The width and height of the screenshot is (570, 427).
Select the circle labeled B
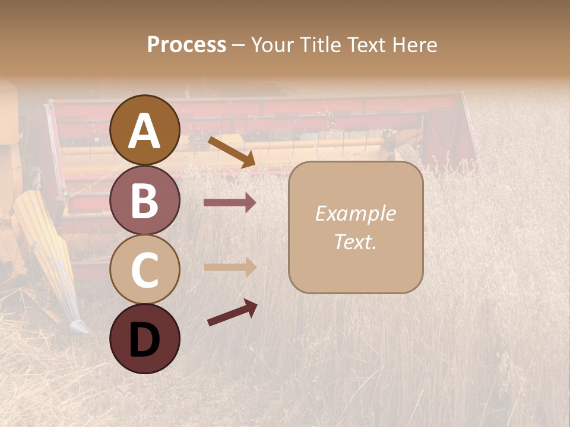(x=145, y=200)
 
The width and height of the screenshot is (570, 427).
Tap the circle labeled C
(x=145, y=269)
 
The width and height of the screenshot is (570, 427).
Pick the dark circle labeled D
(x=145, y=339)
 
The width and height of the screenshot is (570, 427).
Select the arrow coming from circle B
(x=230, y=203)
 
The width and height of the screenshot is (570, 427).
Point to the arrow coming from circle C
(x=230, y=267)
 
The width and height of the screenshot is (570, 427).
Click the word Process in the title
(x=186, y=44)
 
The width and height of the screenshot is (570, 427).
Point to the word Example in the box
(x=355, y=213)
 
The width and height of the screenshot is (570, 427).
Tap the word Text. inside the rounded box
(x=355, y=241)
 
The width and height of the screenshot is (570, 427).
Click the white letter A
(x=145, y=131)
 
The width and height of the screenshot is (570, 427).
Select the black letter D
(x=145, y=340)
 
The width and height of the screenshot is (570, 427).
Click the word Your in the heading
(x=270, y=44)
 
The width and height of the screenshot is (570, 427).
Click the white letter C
(x=145, y=270)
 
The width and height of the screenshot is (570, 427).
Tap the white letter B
(x=145, y=201)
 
